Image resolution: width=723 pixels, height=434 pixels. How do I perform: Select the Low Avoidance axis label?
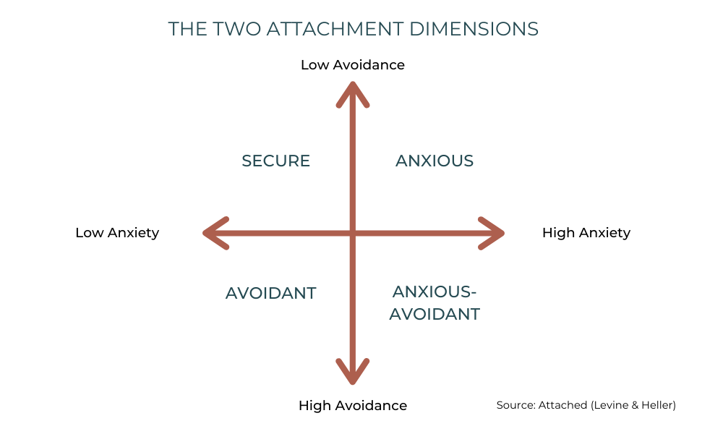(x=353, y=65)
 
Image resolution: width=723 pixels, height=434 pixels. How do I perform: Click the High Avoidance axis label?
(x=353, y=406)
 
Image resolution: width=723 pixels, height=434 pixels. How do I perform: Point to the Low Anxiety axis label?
(x=117, y=233)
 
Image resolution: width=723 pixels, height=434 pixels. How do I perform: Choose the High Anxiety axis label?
(x=586, y=233)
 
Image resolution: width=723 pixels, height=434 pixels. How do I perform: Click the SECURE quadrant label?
(x=275, y=161)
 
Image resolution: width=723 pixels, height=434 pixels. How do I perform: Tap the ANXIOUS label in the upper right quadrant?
(x=435, y=161)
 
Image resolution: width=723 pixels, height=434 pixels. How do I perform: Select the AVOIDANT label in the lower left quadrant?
(x=271, y=293)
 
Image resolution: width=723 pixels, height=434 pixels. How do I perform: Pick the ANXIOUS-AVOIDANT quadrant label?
(x=435, y=303)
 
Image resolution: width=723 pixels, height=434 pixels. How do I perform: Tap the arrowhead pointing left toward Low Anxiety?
(x=213, y=233)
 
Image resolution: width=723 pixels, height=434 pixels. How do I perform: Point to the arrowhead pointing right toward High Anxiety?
(x=494, y=233)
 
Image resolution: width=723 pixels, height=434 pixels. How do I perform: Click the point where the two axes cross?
(x=353, y=233)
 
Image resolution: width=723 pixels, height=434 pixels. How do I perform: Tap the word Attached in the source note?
(x=562, y=406)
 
